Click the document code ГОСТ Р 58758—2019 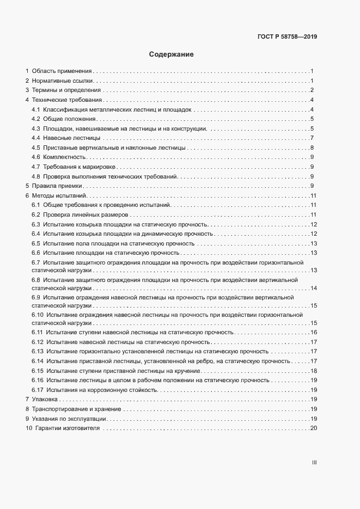point(286,37)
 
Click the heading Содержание point(172,54)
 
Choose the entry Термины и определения point(66,90)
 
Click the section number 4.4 point(36,138)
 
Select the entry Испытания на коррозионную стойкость point(102,390)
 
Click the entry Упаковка point(45,400)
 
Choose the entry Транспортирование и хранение point(77,409)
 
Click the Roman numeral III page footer point(314,462)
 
